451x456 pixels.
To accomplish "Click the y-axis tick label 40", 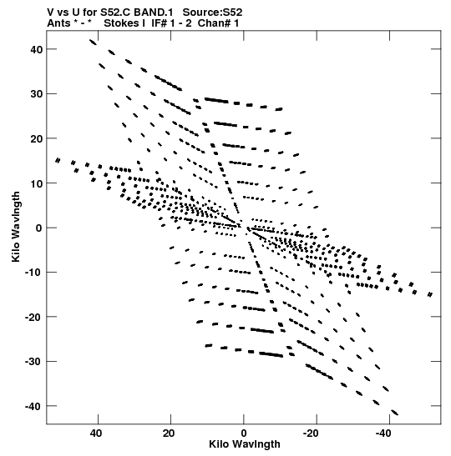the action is click(x=37, y=49).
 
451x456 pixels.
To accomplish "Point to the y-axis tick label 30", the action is click(x=37, y=94).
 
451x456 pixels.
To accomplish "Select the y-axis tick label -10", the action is click(x=33, y=273).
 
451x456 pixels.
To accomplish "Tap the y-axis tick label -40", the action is click(x=33, y=406).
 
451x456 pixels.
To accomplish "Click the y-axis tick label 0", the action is click(x=39, y=228).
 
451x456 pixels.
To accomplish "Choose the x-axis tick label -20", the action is click(x=311, y=433).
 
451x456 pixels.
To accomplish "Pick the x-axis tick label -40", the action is click(x=383, y=433).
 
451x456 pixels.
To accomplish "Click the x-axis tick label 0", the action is click(x=244, y=433).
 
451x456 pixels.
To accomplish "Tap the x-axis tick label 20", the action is click(x=169, y=433).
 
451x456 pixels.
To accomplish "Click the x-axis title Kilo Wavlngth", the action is click(x=245, y=444).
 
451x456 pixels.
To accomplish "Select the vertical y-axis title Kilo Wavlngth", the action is click(x=16, y=227).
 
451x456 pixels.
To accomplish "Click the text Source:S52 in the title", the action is click(x=212, y=13).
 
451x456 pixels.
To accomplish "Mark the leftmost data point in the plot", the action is click(x=58, y=160).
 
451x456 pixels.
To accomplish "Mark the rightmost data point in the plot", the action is click(x=430, y=294).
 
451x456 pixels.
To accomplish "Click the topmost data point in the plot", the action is click(x=93, y=43).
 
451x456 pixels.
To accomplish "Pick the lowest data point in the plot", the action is click(x=395, y=413).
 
